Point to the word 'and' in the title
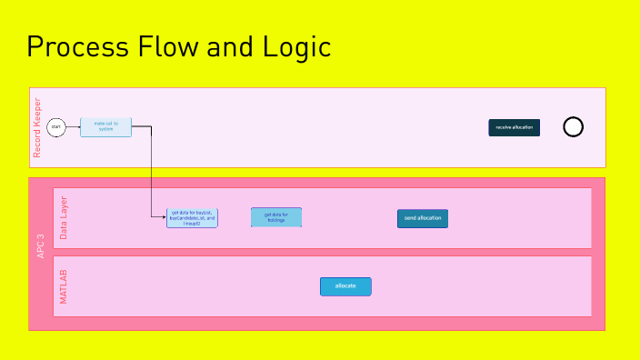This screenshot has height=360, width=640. (x=231, y=47)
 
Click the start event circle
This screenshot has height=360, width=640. (x=56, y=127)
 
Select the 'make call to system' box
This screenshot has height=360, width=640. (x=105, y=127)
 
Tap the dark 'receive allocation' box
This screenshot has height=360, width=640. (x=514, y=127)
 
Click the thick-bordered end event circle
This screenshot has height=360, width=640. (x=573, y=127)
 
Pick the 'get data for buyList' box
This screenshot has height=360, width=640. (x=192, y=217)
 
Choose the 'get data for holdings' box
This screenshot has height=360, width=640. (x=275, y=217)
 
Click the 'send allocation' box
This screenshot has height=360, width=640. (x=423, y=218)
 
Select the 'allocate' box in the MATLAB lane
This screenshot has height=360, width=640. (x=345, y=286)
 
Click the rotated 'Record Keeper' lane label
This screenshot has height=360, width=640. (x=37, y=127)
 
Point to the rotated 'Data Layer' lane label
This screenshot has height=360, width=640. (x=63, y=217)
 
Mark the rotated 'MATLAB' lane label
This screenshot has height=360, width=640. (x=63, y=286)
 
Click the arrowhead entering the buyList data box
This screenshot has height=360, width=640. (x=164, y=217)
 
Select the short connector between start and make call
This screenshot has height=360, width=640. (x=73, y=127)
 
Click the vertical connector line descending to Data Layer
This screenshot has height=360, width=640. (x=151, y=173)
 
